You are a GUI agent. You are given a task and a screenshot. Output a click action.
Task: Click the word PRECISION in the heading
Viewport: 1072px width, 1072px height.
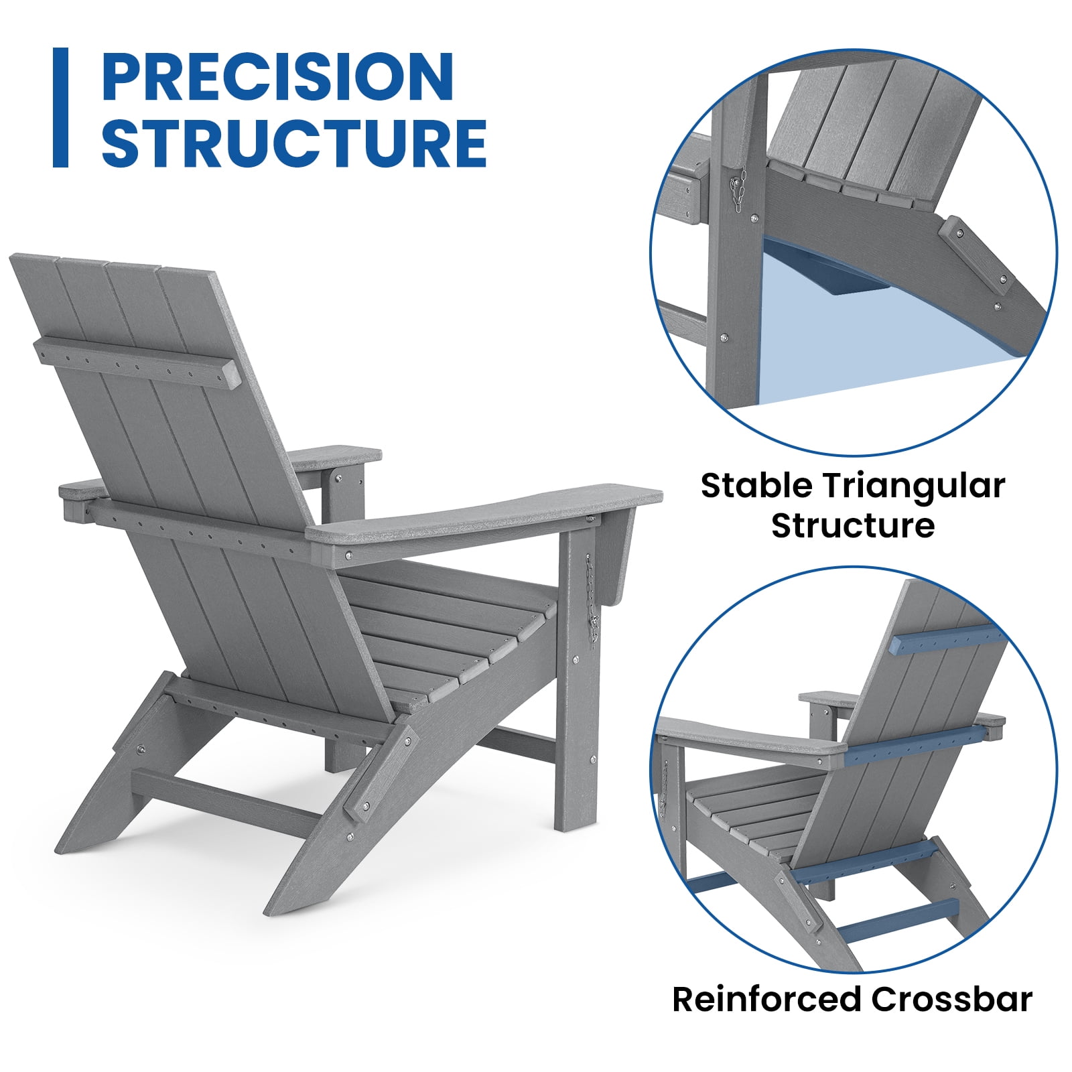[x=277, y=78]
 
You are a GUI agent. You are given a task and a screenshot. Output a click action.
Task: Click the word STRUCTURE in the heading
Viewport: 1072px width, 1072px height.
[x=294, y=142]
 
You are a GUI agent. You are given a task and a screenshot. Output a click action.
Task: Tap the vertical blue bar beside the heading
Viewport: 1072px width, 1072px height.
[x=60, y=107]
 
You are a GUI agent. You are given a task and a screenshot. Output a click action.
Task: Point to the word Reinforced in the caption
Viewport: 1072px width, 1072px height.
[x=767, y=999]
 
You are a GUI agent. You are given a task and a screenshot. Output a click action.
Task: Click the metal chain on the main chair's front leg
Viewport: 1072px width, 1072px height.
[x=590, y=601]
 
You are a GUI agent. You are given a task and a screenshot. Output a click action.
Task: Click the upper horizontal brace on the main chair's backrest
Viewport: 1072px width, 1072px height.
[x=137, y=362]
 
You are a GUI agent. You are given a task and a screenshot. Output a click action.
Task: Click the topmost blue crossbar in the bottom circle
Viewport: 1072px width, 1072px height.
[x=945, y=639]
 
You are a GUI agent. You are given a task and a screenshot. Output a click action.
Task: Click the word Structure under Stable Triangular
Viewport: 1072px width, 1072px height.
[x=853, y=525]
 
